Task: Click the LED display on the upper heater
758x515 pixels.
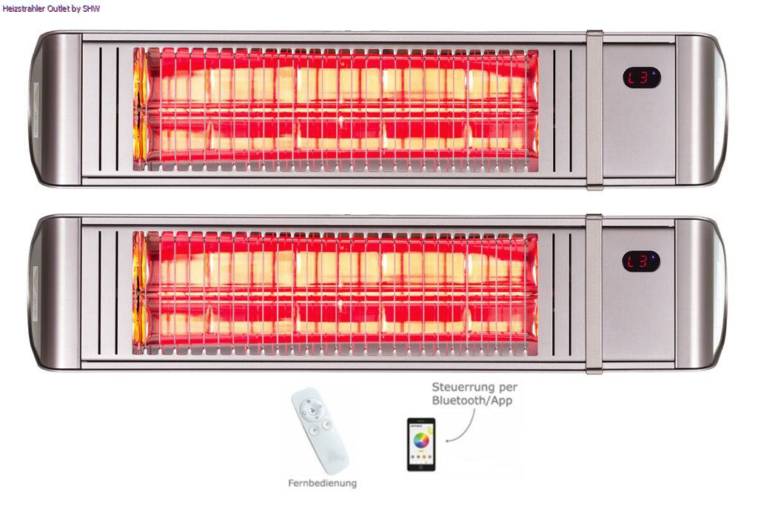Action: tap(642, 78)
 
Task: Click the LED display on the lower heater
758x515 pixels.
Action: tap(640, 262)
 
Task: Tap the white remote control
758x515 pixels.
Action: tap(319, 431)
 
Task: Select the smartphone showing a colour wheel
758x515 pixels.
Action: tap(421, 445)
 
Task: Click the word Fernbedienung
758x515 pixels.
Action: tap(323, 483)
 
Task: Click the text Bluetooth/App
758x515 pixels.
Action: tap(472, 400)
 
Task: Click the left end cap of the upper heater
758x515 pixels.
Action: tap(56, 109)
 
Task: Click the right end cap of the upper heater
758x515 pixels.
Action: tap(701, 110)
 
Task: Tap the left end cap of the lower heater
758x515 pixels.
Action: tap(56, 293)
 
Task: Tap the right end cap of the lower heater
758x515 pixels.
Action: tap(701, 293)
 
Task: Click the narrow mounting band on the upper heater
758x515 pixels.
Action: tap(594, 110)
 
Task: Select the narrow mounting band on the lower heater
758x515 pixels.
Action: tap(594, 293)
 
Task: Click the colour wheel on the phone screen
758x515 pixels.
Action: tap(421, 440)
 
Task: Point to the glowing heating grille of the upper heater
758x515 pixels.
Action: tap(335, 110)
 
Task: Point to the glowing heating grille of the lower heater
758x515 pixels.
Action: tap(335, 293)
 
